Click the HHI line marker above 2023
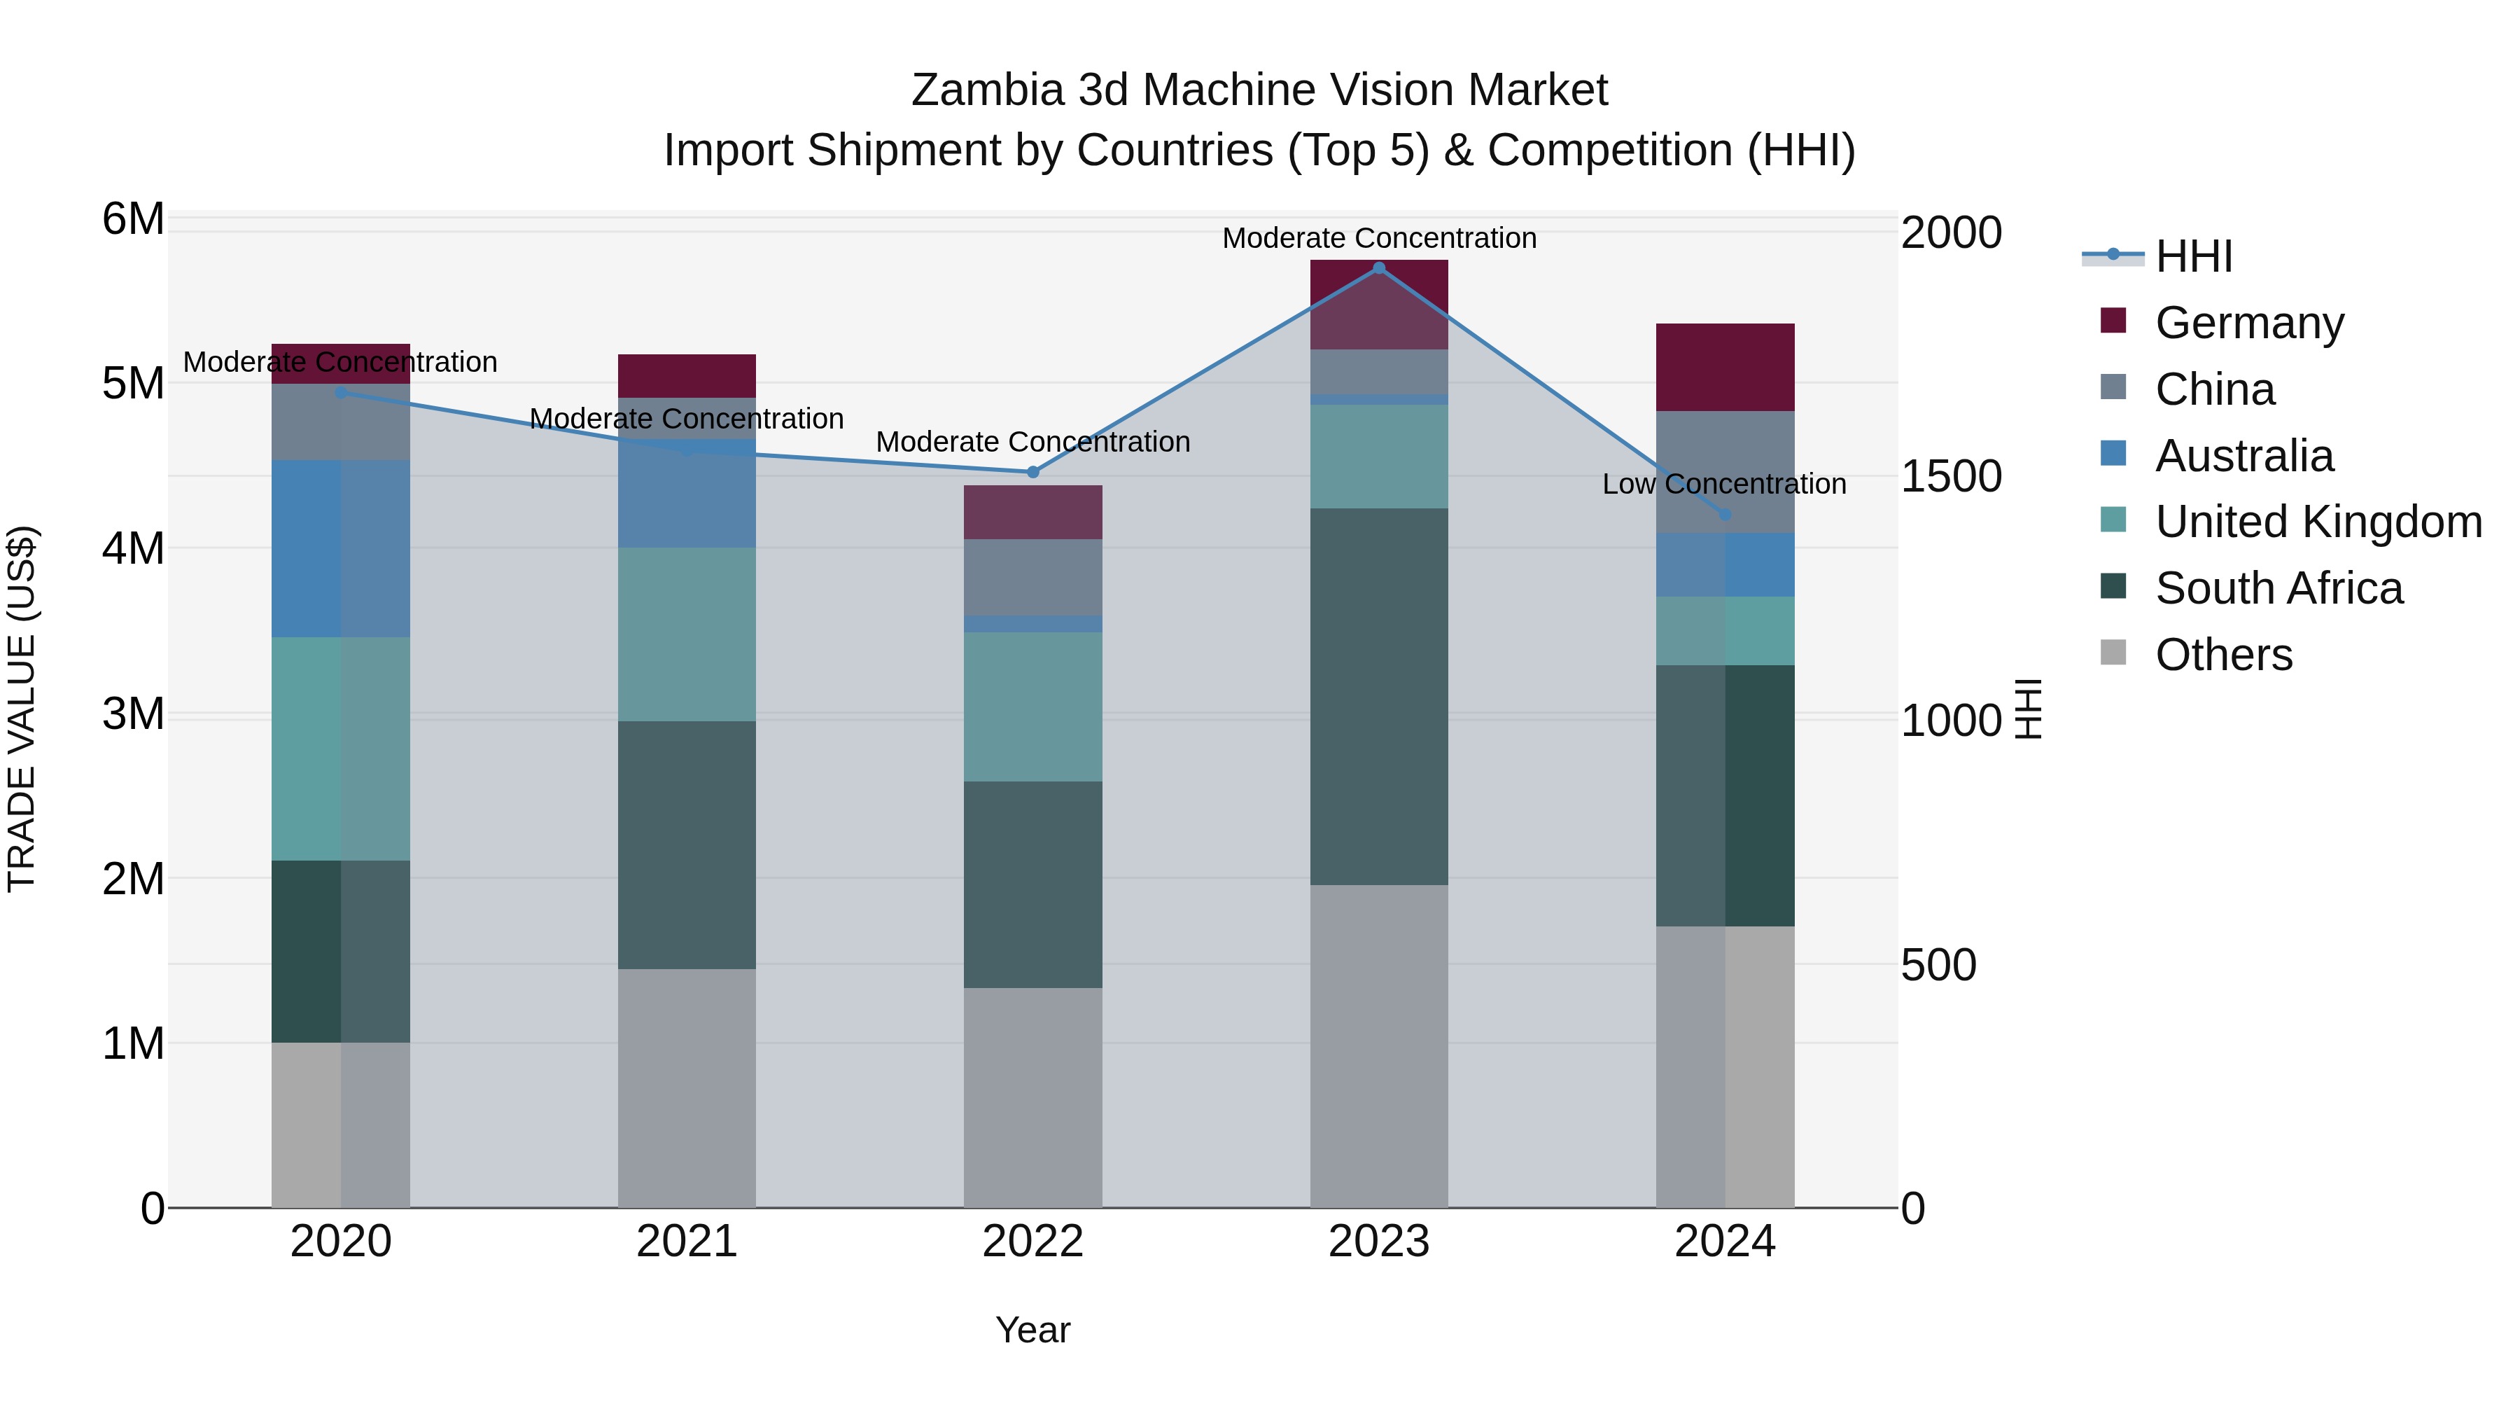coord(1378,268)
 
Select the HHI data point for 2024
coord(1725,515)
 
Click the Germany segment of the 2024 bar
coord(1725,367)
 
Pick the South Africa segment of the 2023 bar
coord(1378,697)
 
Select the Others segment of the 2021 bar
coord(687,1088)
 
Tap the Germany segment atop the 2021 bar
coord(687,376)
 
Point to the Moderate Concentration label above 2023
coord(1378,239)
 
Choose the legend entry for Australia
coord(2243,456)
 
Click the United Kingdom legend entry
coord(2318,522)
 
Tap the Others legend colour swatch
coord(2113,653)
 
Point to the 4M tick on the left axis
coord(133,548)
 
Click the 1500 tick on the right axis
coord(1951,478)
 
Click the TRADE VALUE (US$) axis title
coord(22,709)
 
